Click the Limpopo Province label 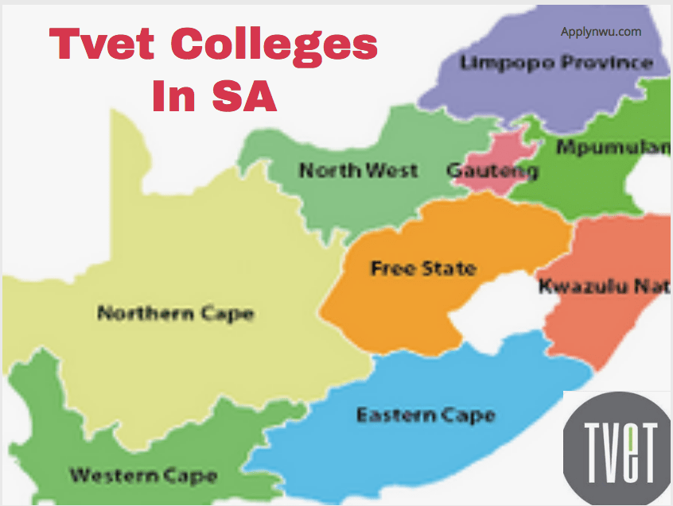(x=557, y=63)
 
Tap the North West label (x=358, y=169)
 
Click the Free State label (x=423, y=268)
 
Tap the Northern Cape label (x=175, y=313)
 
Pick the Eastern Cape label (x=426, y=415)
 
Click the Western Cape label (x=143, y=476)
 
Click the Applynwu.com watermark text (x=601, y=33)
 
